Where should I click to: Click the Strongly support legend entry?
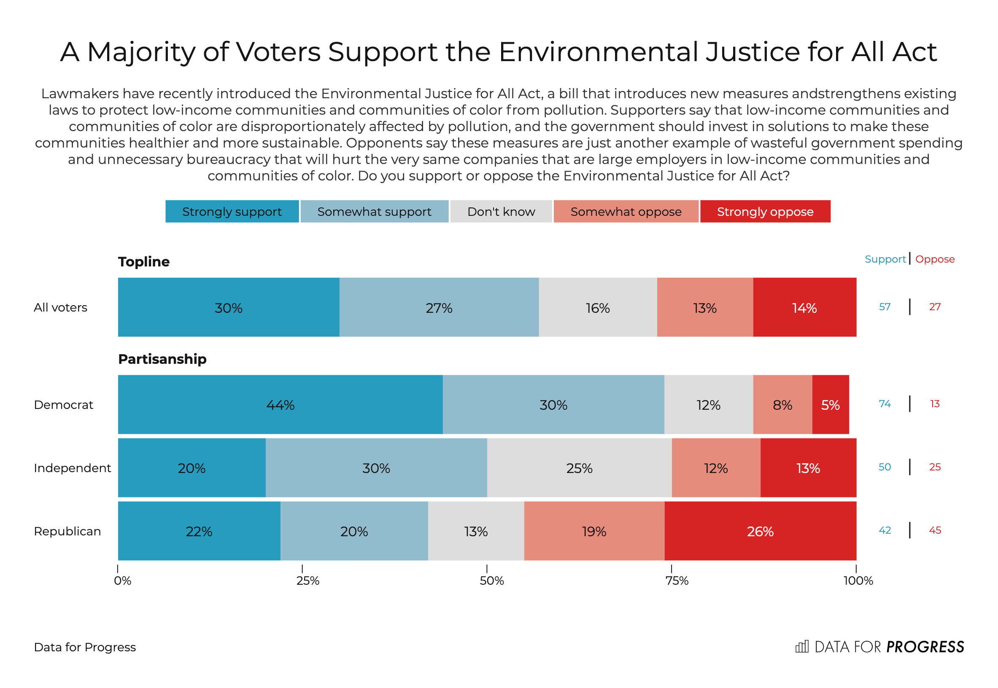232,212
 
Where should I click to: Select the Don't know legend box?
501,212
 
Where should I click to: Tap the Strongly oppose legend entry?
765,212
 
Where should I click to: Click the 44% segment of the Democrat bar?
281,405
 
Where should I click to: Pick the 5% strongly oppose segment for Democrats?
830,405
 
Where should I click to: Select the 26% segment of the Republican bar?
761,531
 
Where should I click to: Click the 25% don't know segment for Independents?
579,468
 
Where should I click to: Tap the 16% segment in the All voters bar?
598,308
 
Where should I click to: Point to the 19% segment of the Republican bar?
594,531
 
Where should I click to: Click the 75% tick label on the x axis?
677,581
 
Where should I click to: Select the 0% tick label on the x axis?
122,581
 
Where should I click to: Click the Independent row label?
72,468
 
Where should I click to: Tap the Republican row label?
67,531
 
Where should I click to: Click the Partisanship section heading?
162,359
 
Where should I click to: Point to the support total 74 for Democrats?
885,404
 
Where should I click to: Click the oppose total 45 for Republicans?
935,530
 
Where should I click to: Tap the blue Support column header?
885,259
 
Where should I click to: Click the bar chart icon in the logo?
802,647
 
